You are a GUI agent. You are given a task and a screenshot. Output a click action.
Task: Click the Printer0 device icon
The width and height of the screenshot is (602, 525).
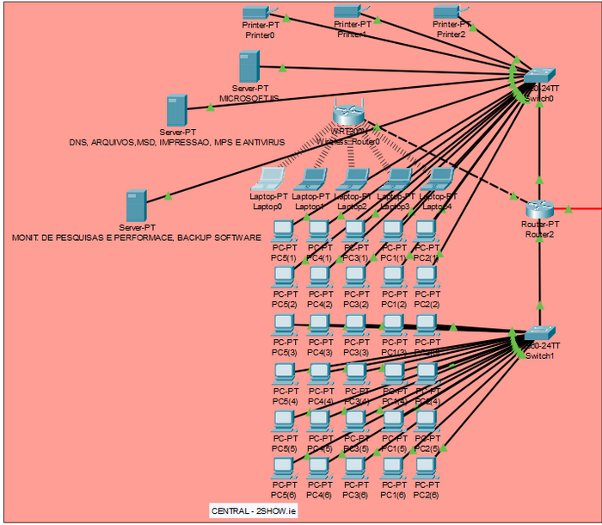tap(256, 12)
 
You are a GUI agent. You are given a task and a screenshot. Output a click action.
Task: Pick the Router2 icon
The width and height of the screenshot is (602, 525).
tap(538, 208)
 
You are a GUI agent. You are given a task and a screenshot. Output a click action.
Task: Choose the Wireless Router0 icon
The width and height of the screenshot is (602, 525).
tap(348, 114)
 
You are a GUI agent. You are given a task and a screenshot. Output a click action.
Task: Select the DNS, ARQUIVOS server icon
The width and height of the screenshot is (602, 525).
tap(177, 110)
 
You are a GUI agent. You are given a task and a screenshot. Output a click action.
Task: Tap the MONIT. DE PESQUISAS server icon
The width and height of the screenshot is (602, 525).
tap(135, 205)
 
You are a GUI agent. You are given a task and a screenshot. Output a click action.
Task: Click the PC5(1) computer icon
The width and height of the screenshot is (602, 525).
tap(283, 230)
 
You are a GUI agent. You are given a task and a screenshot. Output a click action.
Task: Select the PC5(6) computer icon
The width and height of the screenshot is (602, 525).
tap(283, 468)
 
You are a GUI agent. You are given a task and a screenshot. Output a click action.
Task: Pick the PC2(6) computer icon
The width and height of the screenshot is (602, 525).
tap(425, 468)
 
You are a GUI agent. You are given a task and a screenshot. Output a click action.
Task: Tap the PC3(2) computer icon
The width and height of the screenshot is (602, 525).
tap(354, 276)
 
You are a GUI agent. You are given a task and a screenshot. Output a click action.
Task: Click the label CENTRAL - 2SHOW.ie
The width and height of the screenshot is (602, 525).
tap(255, 511)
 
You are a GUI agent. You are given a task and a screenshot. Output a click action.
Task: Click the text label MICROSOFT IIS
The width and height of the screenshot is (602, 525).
tap(249, 99)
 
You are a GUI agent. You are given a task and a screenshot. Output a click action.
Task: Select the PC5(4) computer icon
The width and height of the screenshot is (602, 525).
tap(283, 373)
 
